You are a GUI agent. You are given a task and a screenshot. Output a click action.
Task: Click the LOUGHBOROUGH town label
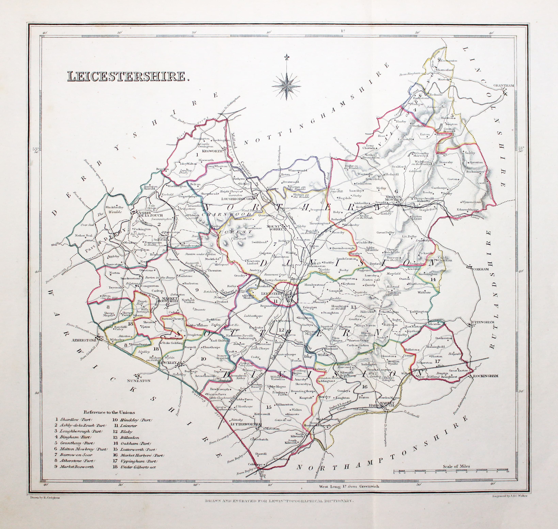pyautogui.click(x=237, y=199)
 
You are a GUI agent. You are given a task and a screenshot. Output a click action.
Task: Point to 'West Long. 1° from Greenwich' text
pyautogui.click(x=349, y=486)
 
